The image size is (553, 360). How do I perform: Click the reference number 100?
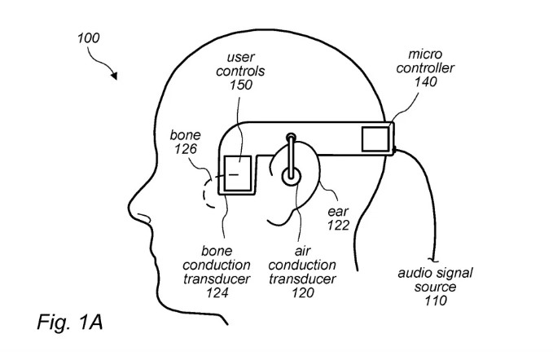pyautogui.click(x=89, y=37)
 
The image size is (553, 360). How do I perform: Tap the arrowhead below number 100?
pyautogui.click(x=114, y=76)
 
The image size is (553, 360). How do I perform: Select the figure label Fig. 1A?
pyautogui.click(x=70, y=322)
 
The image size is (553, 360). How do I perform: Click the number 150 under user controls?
pyautogui.click(x=241, y=85)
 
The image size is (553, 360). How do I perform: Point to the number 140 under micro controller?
pyautogui.click(x=425, y=81)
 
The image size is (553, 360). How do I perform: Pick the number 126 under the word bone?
pyautogui.click(x=186, y=149)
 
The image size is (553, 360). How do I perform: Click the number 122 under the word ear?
pyautogui.click(x=338, y=225)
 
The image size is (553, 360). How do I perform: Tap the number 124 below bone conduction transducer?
pyautogui.click(x=217, y=292)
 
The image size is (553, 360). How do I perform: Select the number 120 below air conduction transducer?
pyautogui.click(x=303, y=292)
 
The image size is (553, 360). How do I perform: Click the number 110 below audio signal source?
pyautogui.click(x=436, y=301)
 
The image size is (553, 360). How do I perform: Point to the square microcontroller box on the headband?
pyautogui.click(x=375, y=139)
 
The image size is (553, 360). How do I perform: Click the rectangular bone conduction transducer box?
pyautogui.click(x=238, y=173)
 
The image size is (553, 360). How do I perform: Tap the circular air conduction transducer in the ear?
pyautogui.click(x=291, y=176)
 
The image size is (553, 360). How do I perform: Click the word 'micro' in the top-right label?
pyautogui.click(x=425, y=55)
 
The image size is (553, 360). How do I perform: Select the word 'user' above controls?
pyautogui.click(x=241, y=57)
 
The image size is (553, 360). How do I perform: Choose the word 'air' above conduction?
pyautogui.click(x=303, y=251)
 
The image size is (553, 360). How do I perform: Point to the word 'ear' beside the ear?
pyautogui.click(x=338, y=212)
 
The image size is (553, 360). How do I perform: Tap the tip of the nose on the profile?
pyautogui.click(x=129, y=206)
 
